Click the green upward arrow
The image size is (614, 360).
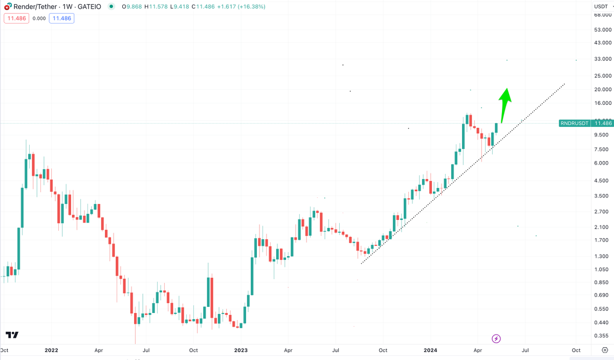click(x=505, y=103)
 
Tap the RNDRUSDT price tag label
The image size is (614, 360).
click(x=575, y=123)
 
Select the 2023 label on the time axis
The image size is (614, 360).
click(x=240, y=350)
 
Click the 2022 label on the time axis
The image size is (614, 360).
click(x=51, y=350)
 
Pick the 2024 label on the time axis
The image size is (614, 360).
click(x=430, y=350)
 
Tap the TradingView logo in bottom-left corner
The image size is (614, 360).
click(x=12, y=335)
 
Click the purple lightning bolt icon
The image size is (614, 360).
click(x=496, y=339)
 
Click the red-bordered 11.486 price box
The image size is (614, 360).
click(x=15, y=18)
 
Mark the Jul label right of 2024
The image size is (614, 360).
click(x=525, y=350)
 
